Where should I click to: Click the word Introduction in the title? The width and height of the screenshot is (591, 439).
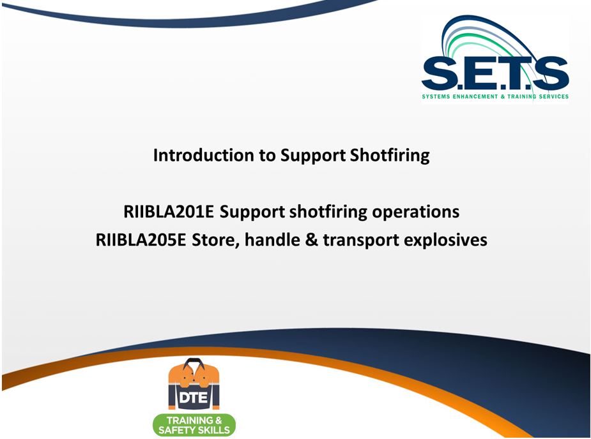pos(204,155)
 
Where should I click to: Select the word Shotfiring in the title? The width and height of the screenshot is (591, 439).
pos(390,156)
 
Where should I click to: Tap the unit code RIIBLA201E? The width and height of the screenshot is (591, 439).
pos(169,212)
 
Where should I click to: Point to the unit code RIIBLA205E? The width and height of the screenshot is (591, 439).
pos(141,240)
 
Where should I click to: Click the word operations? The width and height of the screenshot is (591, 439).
pos(416,212)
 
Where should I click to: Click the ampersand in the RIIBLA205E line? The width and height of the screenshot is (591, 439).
pos(311,240)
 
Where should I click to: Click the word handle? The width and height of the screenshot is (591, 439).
pos(272,240)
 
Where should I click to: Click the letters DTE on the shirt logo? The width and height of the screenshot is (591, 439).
pos(193,398)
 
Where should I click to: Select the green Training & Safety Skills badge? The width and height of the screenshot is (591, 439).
pos(194,425)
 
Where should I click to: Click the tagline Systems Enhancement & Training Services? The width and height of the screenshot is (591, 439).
pos(495,96)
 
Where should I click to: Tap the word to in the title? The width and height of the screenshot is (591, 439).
pos(267,156)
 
